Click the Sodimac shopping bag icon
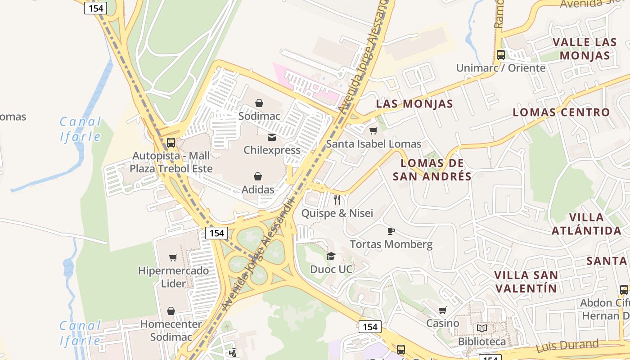pyautogui.click(x=259, y=103)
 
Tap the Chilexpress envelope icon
pyautogui.click(x=272, y=137)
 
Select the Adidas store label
pyautogui.click(x=258, y=189)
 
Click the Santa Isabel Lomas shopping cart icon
pyautogui.click(x=373, y=131)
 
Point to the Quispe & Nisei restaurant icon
pyautogui.click(x=337, y=199)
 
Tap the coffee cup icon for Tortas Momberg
pyautogui.click(x=391, y=231)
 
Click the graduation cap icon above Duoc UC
pyautogui.click(x=331, y=256)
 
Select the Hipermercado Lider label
pyautogui.click(x=173, y=277)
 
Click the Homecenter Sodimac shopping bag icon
pyautogui.click(x=171, y=311)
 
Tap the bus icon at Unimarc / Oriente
pyautogui.click(x=500, y=55)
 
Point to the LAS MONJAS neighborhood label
pyautogui.click(x=414, y=103)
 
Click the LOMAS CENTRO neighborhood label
pyautogui.click(x=561, y=112)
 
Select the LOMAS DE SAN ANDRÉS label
pyautogui.click(x=432, y=170)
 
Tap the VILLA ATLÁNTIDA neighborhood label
pyautogui.click(x=586, y=224)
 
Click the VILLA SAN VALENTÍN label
pyautogui.click(x=526, y=281)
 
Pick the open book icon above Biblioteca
pyautogui.click(x=482, y=328)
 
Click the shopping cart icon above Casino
pyautogui.click(x=443, y=310)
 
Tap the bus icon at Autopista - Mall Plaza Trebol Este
pyautogui.click(x=171, y=143)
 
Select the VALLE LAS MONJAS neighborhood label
pyautogui.click(x=585, y=49)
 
